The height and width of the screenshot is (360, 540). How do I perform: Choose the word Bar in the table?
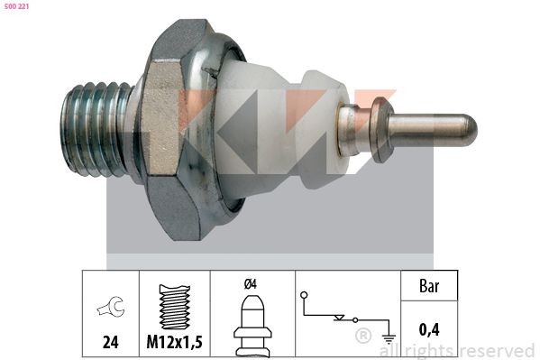[x=430, y=287]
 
